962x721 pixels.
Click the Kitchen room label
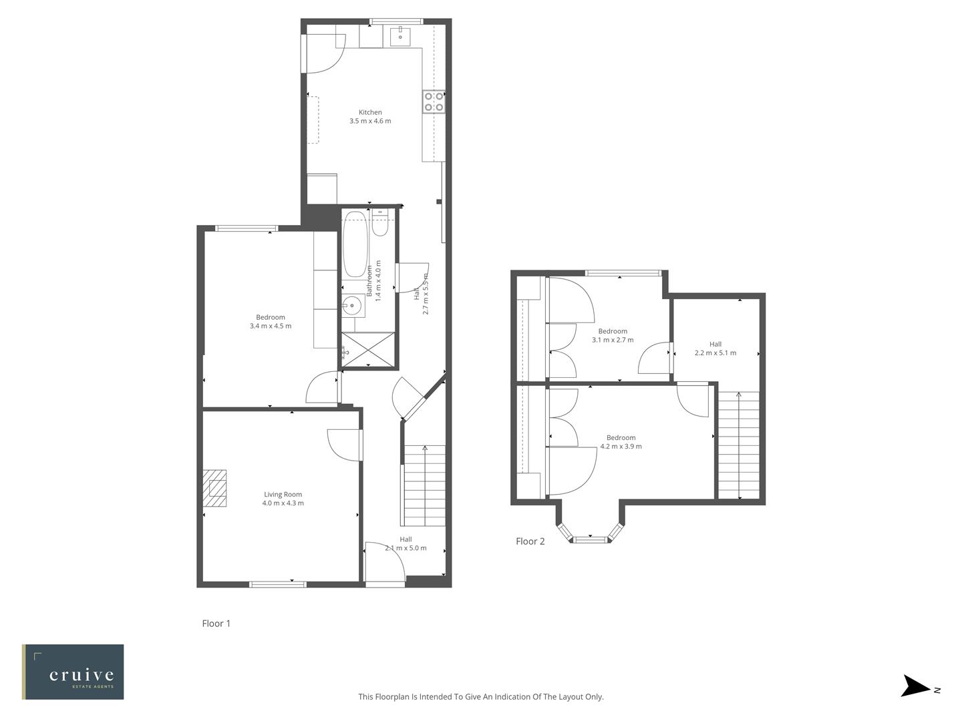point(370,112)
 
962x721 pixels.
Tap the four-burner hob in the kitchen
point(434,101)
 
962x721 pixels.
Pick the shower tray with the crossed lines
point(367,349)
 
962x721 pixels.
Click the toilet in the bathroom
point(380,224)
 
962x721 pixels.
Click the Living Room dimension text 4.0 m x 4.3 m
point(283,503)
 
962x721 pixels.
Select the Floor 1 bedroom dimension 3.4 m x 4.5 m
point(271,326)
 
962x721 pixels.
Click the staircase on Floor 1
point(424,485)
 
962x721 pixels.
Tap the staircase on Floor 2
point(738,445)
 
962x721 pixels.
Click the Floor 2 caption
point(530,541)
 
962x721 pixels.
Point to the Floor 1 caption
point(216,624)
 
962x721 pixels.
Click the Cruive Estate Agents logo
point(73,672)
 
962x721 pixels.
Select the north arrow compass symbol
point(916,687)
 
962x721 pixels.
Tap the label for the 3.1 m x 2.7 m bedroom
point(613,331)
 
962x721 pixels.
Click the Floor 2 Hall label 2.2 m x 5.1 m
point(715,353)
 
